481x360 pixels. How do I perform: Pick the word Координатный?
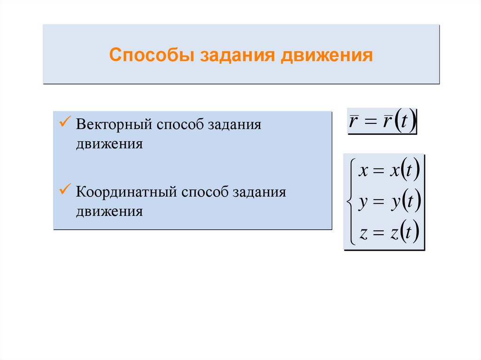click(x=126, y=192)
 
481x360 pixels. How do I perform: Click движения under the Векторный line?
click(x=109, y=144)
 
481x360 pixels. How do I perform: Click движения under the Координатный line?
click(x=109, y=211)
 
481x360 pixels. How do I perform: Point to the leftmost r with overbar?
click(x=354, y=123)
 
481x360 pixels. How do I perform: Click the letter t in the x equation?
click(x=409, y=172)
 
